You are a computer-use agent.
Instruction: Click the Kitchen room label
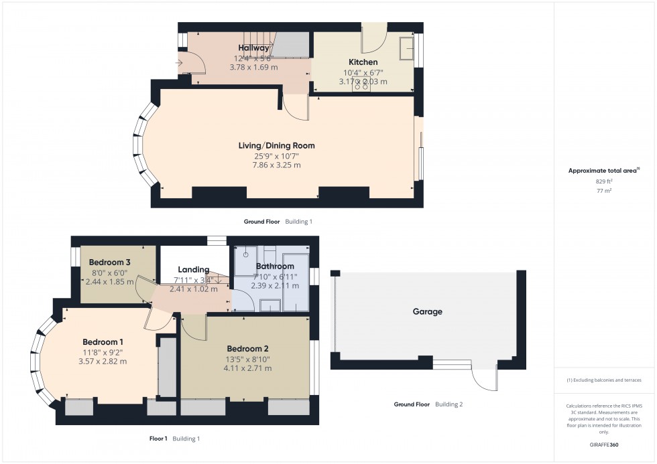(x=363, y=62)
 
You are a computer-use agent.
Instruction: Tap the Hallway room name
(x=253, y=48)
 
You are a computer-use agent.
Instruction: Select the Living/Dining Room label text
(x=276, y=145)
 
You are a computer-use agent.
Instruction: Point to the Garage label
(x=427, y=311)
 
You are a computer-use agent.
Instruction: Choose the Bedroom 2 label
(x=247, y=349)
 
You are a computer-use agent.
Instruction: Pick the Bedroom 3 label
(x=109, y=262)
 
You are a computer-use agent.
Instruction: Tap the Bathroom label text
(x=275, y=266)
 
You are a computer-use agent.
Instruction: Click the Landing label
(x=193, y=270)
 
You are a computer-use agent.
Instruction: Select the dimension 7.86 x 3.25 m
(x=276, y=165)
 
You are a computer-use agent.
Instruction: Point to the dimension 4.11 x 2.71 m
(x=247, y=368)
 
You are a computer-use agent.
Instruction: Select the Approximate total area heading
(x=603, y=170)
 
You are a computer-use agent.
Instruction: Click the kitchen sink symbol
(x=406, y=49)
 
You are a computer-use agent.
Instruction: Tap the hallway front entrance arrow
(x=180, y=64)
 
